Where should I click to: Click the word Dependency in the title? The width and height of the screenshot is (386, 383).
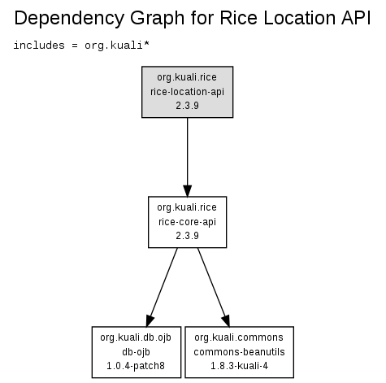click(69, 19)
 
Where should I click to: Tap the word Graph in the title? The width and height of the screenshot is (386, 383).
click(157, 19)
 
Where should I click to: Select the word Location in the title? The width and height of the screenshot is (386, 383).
click(299, 18)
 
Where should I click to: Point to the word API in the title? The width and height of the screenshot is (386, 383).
click(356, 18)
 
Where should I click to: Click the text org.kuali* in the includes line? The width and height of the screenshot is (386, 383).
click(117, 46)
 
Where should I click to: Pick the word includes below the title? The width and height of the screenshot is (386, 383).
click(39, 45)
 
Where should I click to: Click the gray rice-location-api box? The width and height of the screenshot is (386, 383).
click(188, 92)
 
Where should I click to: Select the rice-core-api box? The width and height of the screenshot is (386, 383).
click(188, 222)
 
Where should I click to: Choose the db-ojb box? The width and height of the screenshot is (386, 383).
click(137, 352)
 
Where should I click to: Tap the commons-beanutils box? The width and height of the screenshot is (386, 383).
click(240, 352)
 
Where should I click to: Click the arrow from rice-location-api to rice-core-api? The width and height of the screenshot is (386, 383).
click(188, 157)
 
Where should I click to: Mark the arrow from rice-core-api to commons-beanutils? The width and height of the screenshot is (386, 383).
click(214, 287)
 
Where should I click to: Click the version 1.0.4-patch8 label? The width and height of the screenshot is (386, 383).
click(136, 366)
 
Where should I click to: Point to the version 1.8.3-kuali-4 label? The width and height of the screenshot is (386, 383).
click(240, 366)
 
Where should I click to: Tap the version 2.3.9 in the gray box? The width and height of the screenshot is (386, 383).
click(188, 106)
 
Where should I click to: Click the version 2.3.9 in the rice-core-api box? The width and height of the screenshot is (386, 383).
click(188, 236)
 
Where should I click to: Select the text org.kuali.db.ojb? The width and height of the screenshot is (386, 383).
click(136, 337)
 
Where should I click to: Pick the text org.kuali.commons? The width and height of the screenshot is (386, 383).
click(239, 337)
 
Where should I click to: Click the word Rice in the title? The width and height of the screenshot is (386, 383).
click(239, 18)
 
